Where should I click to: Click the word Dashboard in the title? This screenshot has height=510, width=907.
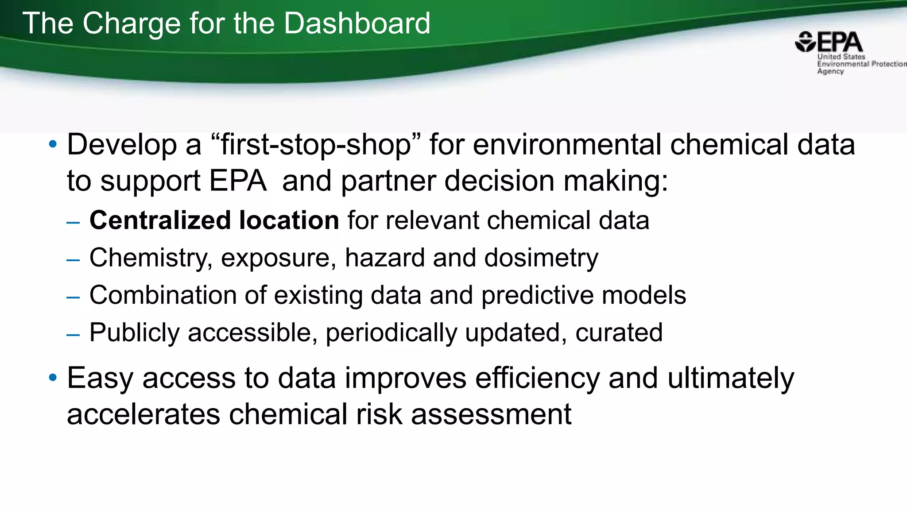click(357, 23)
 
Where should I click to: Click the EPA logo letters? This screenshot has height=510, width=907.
click(839, 42)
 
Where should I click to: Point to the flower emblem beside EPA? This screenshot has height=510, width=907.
click(805, 42)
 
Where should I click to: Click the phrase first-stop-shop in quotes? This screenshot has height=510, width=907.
click(316, 145)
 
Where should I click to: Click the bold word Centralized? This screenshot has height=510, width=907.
click(160, 220)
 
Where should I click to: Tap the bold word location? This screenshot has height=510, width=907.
click(289, 220)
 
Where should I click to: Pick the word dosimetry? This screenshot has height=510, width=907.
click(541, 258)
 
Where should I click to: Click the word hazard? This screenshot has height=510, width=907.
click(385, 258)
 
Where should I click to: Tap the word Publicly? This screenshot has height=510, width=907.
click(134, 333)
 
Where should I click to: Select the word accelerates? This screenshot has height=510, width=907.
click(143, 415)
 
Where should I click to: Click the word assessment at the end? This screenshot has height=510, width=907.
click(491, 415)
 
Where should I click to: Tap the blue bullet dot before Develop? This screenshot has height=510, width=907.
click(53, 144)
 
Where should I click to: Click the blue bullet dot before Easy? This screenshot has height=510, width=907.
click(53, 378)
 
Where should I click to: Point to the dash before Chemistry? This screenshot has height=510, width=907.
click(73, 260)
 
